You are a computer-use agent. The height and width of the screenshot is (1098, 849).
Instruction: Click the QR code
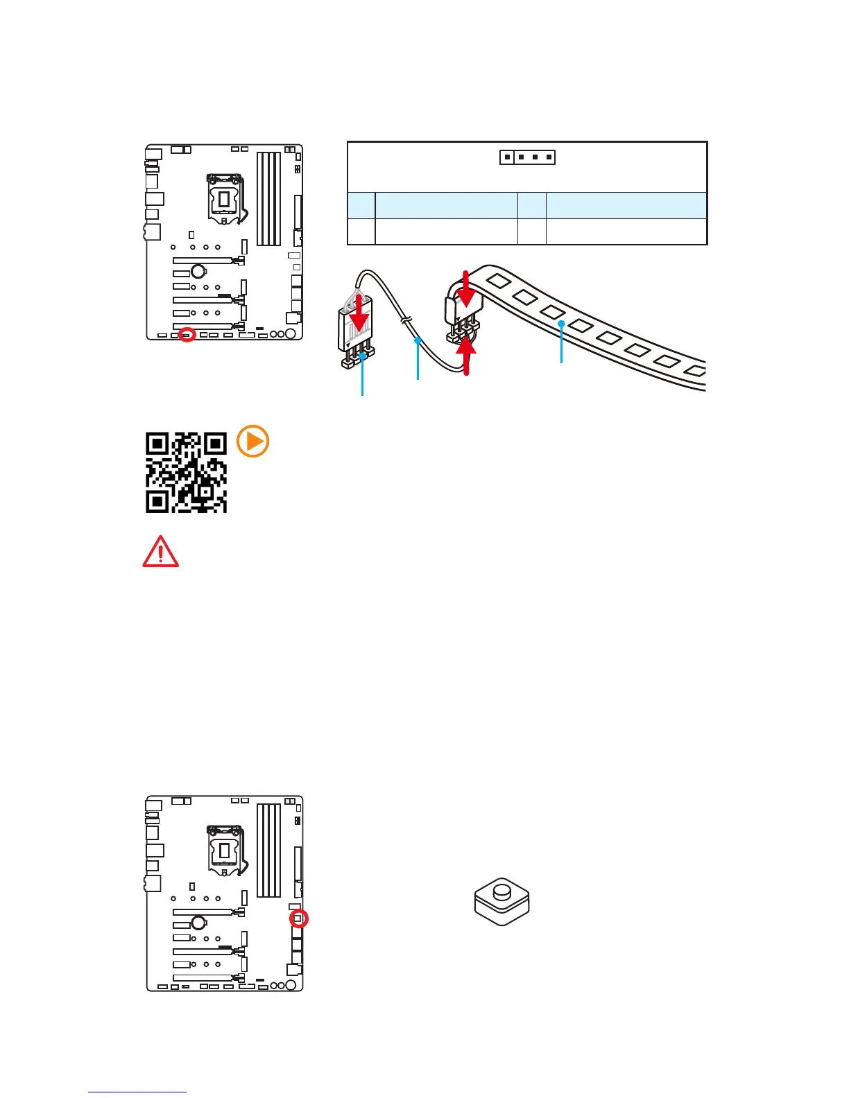(x=186, y=472)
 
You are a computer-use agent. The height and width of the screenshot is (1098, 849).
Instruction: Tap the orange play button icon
(x=253, y=442)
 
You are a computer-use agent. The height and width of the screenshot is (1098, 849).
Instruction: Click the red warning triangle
(x=160, y=552)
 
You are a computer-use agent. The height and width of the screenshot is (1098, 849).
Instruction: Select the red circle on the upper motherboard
(x=186, y=335)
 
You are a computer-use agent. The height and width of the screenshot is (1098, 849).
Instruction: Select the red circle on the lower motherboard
(x=298, y=918)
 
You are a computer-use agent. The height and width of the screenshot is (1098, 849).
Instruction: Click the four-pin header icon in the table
(x=528, y=157)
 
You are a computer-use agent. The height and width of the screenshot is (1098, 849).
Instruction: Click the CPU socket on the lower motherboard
(x=226, y=851)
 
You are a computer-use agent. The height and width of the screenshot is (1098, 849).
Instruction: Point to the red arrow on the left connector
(x=359, y=319)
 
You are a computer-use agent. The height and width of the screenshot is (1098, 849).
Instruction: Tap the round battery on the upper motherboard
(x=198, y=271)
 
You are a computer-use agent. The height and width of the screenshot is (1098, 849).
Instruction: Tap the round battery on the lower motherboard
(x=198, y=923)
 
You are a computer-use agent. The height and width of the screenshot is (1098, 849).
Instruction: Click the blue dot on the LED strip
(x=561, y=324)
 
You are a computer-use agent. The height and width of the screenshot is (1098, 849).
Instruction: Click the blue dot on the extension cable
(x=417, y=340)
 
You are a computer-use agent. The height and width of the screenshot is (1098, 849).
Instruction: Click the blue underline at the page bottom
(x=137, y=1092)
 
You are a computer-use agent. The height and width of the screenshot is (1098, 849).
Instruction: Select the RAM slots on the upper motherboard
(x=268, y=199)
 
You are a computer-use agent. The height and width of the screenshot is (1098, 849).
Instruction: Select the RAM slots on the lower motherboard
(x=268, y=851)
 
